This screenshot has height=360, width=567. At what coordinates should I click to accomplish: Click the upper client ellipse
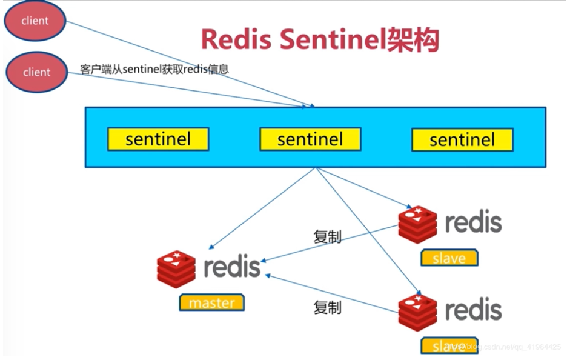click(35, 21)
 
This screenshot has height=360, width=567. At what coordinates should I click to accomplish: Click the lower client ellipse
click(36, 72)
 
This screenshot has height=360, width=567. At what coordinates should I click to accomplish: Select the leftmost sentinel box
click(158, 139)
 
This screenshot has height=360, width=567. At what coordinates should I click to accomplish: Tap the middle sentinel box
click(310, 139)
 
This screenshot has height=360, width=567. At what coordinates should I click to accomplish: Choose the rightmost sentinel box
click(462, 140)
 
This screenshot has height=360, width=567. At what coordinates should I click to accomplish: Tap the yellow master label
click(211, 302)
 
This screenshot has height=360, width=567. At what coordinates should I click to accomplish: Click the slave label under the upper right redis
click(449, 258)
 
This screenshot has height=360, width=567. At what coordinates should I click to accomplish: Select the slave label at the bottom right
click(449, 345)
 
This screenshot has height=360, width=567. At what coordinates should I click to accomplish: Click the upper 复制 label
click(327, 237)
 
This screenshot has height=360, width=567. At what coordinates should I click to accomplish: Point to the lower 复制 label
click(327, 307)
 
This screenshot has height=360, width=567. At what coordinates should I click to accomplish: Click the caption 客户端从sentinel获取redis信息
click(154, 69)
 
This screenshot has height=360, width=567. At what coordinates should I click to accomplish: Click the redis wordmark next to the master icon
click(232, 267)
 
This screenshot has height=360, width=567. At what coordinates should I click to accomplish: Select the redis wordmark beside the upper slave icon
click(474, 222)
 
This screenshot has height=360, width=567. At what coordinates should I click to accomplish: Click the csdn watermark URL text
click(503, 347)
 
